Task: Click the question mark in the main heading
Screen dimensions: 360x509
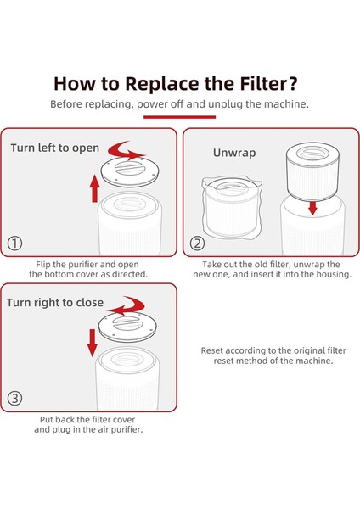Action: click(292, 83)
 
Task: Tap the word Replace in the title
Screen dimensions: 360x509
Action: click(162, 83)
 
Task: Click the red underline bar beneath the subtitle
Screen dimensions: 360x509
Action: click(180, 117)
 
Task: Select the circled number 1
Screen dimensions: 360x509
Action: click(14, 243)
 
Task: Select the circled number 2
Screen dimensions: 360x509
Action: click(197, 243)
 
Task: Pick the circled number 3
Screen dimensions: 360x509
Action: click(14, 399)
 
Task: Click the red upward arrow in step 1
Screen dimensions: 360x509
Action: click(94, 188)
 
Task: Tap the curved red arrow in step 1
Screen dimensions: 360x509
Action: click(125, 150)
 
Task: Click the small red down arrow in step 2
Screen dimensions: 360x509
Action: click(312, 209)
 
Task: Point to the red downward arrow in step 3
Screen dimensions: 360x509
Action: click(93, 343)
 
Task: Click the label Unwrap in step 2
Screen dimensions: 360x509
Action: click(234, 153)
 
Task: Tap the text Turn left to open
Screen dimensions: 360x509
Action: click(55, 148)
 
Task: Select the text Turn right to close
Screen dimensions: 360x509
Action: click(55, 303)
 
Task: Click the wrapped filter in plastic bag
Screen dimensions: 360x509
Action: click(232, 208)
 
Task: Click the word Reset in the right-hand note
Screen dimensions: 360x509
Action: click(212, 350)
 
